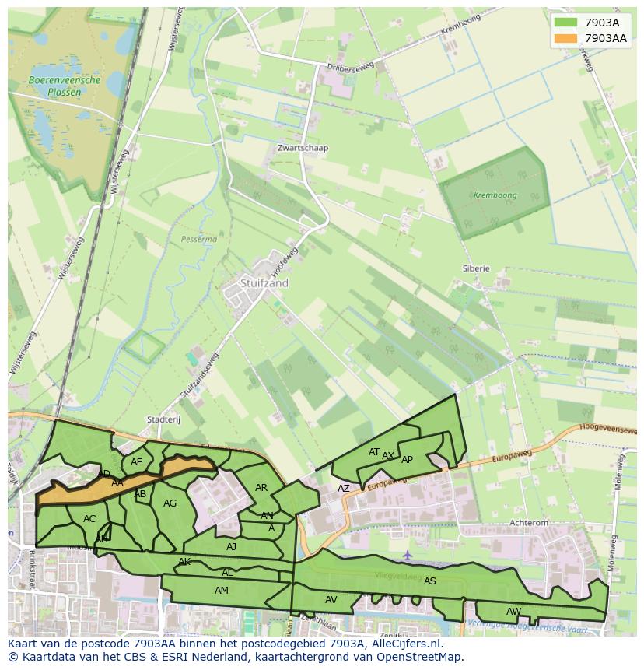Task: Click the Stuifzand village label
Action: [264, 283]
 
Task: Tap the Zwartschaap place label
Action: [303, 148]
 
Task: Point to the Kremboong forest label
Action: [495, 195]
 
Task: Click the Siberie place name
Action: [476, 268]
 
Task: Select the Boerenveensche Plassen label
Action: [54, 86]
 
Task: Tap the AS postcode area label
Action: [430, 581]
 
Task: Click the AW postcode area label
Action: [513, 611]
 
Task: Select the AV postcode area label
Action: [331, 599]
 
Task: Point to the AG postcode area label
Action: [170, 503]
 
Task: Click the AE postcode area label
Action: [137, 462]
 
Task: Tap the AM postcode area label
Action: [222, 591]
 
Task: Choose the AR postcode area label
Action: [261, 488]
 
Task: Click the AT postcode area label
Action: [374, 452]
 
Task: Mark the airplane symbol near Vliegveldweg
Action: [408, 556]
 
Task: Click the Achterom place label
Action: [528, 524]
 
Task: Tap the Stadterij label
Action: [163, 419]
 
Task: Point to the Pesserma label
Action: [199, 240]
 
